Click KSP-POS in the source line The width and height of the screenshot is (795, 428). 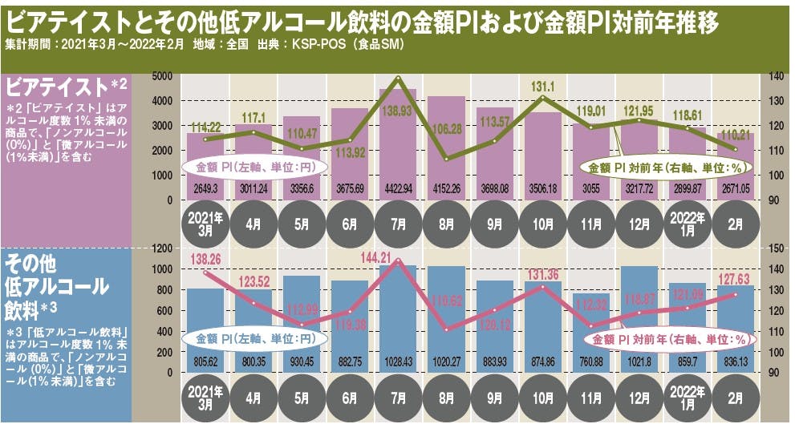[298, 44]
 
